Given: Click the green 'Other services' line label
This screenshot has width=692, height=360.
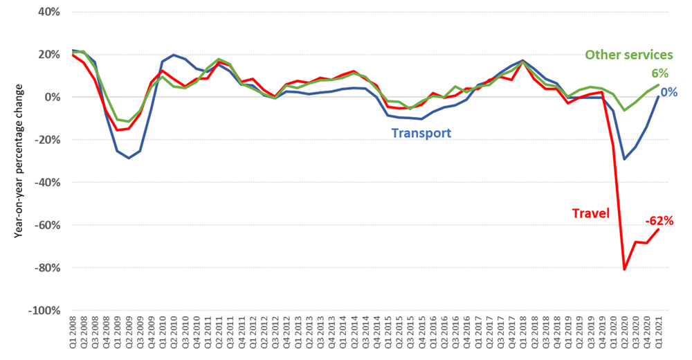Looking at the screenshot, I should pyautogui.click(x=629, y=55).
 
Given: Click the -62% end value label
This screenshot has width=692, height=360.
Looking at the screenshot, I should pyautogui.click(x=659, y=222).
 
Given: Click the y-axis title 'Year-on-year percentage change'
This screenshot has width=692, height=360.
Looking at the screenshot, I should pyautogui.click(x=19, y=161).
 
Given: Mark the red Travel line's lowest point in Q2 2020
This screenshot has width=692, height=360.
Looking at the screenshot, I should pyautogui.click(x=625, y=269).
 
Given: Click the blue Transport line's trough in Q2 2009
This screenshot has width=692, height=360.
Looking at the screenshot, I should pyautogui.click(x=128, y=159).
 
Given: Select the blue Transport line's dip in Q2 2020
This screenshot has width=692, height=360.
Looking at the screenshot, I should pyautogui.click(x=625, y=159).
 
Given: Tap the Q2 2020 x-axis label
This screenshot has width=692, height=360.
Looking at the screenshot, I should pyautogui.click(x=625, y=334).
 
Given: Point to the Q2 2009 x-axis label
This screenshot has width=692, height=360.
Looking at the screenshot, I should pyautogui.click(x=128, y=334).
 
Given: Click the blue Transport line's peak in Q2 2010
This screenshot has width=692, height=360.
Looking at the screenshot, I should pyautogui.click(x=173, y=55).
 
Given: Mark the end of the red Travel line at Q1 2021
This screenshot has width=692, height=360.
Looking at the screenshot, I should pyautogui.click(x=657, y=229).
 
